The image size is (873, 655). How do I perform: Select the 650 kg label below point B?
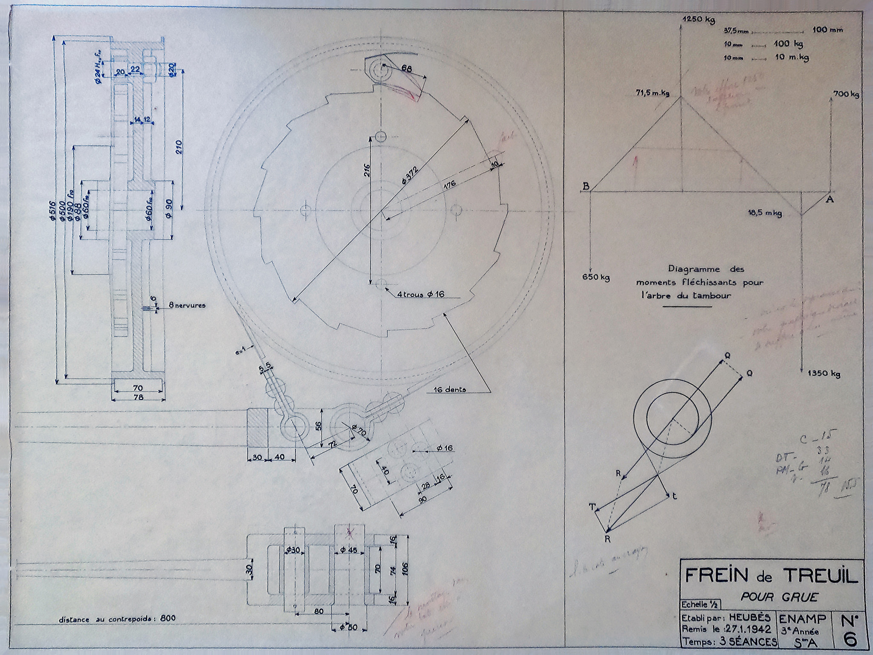[x=596, y=278]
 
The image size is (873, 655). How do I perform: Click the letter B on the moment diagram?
[x=586, y=186]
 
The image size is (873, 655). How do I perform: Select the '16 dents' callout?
[x=449, y=389]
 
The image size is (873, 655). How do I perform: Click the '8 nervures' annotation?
[x=187, y=305]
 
